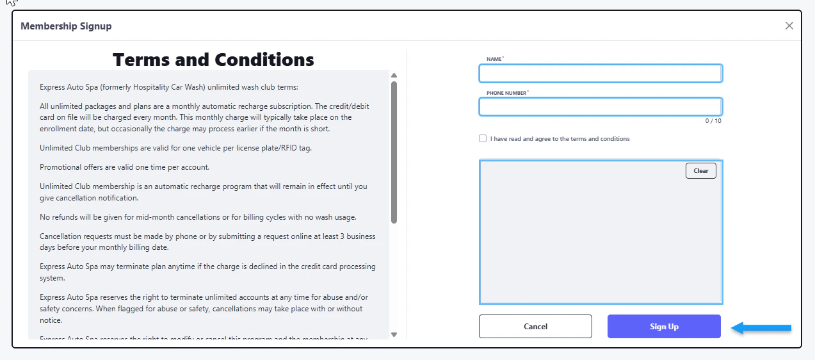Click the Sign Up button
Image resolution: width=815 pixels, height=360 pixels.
(x=664, y=327)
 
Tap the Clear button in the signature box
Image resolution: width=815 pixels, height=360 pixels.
(x=700, y=171)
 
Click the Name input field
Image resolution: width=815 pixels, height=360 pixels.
(x=601, y=74)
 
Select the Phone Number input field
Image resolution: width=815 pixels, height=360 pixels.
(x=601, y=106)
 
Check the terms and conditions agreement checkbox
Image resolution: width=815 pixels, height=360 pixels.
(x=483, y=139)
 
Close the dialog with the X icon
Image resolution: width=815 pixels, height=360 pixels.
(x=789, y=26)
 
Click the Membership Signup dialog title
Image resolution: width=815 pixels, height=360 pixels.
(x=66, y=26)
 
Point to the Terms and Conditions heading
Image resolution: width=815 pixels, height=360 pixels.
(x=213, y=60)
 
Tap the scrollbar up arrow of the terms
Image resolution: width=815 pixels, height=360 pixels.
(x=394, y=76)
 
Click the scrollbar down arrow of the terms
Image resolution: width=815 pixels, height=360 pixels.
(x=394, y=334)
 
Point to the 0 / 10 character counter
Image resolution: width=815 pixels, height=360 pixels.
(x=713, y=121)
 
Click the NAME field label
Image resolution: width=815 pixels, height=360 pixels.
(x=494, y=59)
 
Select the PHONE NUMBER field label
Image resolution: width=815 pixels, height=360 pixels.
(x=507, y=93)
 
